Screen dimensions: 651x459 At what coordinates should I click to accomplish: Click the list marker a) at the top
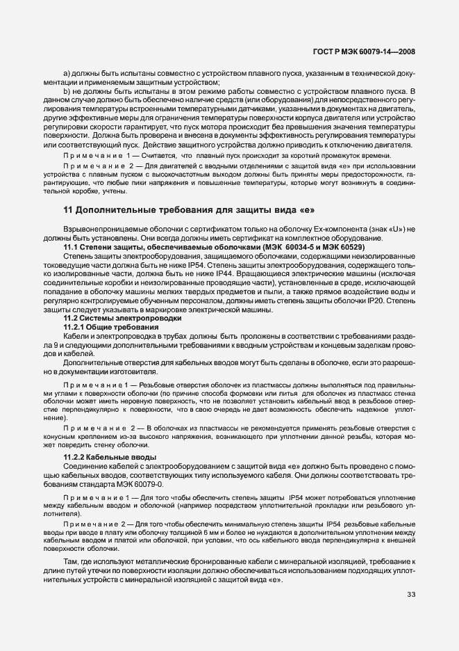coord(67,74)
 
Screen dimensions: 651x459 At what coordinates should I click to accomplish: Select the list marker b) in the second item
coord(67,92)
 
